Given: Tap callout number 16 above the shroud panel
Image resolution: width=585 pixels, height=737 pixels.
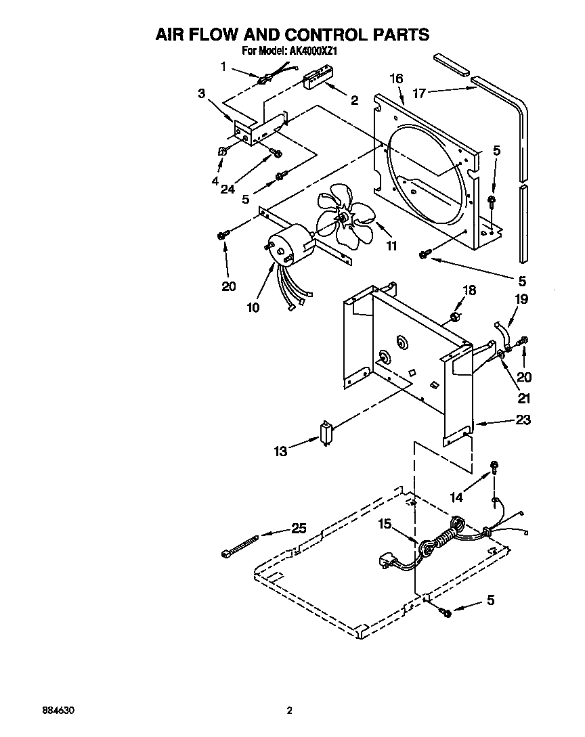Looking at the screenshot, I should (x=396, y=79).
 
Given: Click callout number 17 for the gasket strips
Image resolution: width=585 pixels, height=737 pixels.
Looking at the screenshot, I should (x=418, y=93).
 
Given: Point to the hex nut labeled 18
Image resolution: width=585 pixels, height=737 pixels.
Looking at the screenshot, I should (x=456, y=317).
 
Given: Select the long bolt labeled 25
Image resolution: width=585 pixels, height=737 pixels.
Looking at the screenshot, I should (x=240, y=545).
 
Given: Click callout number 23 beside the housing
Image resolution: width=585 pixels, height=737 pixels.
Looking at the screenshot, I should (x=523, y=420).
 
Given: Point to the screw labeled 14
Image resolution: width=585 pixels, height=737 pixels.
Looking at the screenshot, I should (x=495, y=466).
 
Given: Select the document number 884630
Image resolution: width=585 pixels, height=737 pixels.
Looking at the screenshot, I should (x=58, y=711).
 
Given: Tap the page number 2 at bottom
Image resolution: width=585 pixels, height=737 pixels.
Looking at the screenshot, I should (x=289, y=711).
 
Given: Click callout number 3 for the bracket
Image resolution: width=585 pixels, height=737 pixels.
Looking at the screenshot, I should (x=202, y=94).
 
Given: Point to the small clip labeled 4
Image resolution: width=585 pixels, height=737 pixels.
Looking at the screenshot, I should (x=221, y=152).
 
